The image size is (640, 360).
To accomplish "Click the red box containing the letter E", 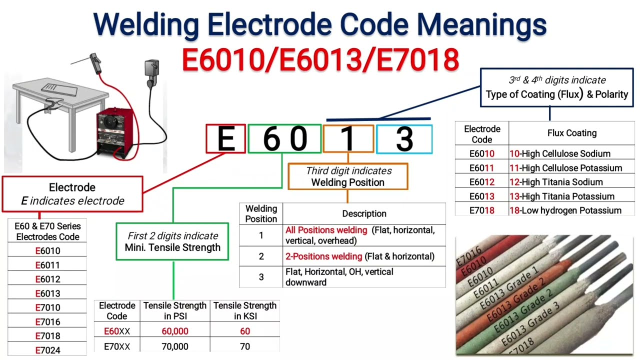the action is click(226, 139).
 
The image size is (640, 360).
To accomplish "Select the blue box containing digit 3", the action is click(404, 139).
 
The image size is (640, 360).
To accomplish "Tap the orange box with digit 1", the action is click(348, 139).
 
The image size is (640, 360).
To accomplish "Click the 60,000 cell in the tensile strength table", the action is click(175, 331).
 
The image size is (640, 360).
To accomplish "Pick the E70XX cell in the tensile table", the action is click(117, 346).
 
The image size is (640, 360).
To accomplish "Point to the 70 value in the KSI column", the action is click(245, 346).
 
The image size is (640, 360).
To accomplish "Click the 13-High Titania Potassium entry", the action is click(561, 196).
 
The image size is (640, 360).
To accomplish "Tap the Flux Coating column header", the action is click(572, 133).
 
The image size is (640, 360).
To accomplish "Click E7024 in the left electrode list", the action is click(47, 350).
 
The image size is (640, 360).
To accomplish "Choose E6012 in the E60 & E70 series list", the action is click(47, 279).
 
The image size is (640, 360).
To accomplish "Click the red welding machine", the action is click(116, 132).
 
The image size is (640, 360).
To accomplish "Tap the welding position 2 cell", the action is click(261, 256).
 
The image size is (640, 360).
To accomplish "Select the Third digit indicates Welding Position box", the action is click(348, 176).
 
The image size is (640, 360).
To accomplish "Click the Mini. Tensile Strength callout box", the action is click(172, 241).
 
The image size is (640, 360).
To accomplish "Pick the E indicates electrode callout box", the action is click(72, 194).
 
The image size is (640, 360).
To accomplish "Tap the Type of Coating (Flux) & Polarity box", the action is click(556, 87).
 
